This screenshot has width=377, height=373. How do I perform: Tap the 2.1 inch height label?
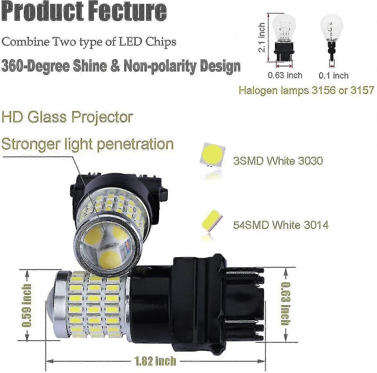(262, 38)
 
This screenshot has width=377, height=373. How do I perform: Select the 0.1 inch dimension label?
(334, 76)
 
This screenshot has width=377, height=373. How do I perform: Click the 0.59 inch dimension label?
(27, 305)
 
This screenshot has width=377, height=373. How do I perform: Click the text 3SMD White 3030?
(278, 160)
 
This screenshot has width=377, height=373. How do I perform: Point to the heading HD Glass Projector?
(67, 117)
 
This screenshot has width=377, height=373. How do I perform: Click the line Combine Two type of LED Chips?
(89, 42)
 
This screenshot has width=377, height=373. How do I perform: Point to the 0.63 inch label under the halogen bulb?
(285, 75)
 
